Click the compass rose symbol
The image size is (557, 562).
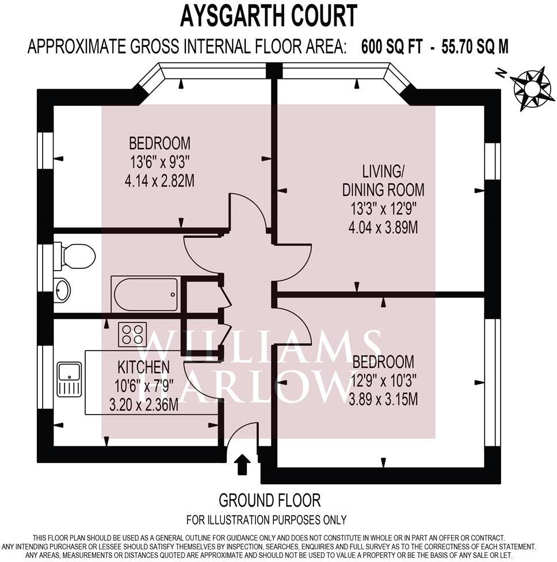click(532, 88)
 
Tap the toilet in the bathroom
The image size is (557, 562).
click(76, 256)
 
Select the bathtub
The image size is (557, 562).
click(146, 294)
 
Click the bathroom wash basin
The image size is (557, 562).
click(62, 290)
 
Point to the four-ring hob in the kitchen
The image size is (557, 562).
click(132, 335)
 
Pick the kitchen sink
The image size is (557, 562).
click(68, 379)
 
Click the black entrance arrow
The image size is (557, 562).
click(243, 464)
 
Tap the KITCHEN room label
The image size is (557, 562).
click(144, 367)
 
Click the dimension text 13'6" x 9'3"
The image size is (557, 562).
click(159, 162)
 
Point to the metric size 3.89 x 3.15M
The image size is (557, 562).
click(383, 398)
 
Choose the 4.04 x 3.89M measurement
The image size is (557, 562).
click(383, 227)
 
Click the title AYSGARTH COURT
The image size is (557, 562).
click(268, 16)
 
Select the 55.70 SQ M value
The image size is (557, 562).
click(475, 47)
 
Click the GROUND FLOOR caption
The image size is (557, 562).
click(269, 500)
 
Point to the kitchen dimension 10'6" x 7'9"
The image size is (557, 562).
click(144, 386)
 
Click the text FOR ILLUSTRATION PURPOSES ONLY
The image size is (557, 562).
click(269, 519)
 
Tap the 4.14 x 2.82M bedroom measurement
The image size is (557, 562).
click(159, 181)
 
